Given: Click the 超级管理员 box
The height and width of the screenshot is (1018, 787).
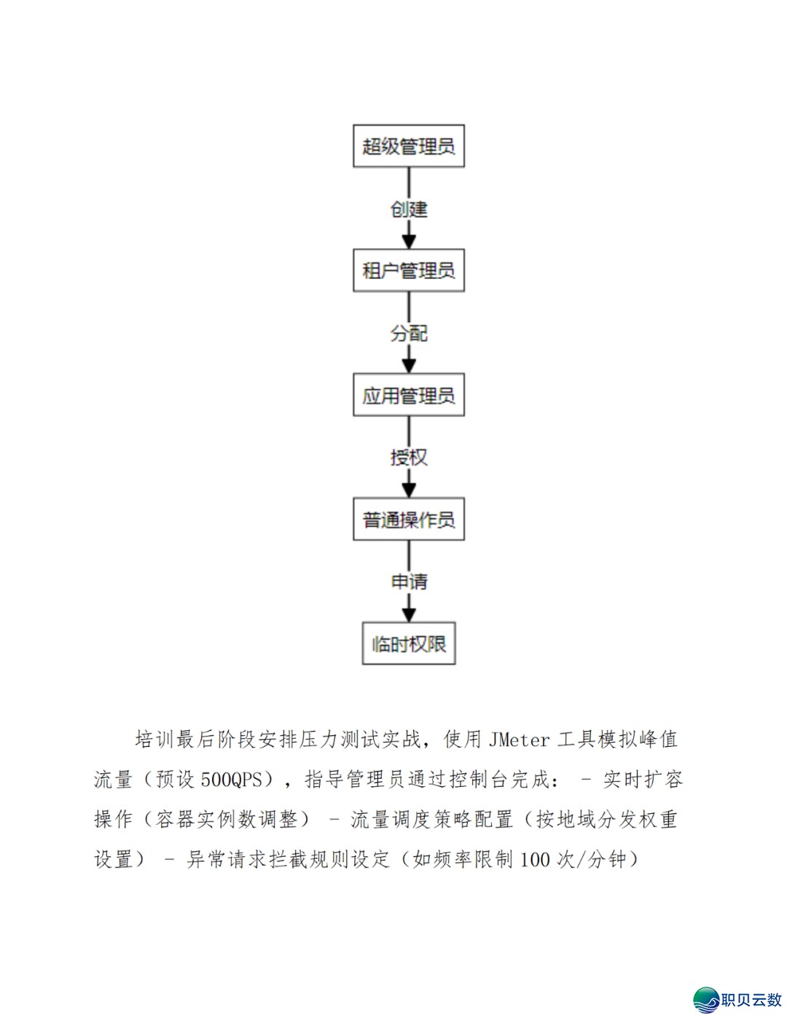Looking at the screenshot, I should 408,146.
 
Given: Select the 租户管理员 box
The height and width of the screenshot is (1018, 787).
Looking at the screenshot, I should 408,270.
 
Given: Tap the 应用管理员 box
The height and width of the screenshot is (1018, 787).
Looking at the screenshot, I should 408,395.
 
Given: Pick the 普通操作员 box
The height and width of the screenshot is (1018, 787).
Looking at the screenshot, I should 408,519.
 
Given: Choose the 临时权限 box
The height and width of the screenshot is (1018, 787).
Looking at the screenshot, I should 408,643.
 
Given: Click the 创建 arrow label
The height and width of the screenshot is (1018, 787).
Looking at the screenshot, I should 409,209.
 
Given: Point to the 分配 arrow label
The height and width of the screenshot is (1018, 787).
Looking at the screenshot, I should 409,334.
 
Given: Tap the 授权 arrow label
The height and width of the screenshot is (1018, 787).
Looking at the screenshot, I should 409,458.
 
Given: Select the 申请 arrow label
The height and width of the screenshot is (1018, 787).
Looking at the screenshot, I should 409,582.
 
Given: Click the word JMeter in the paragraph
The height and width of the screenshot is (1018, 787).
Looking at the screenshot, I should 519,740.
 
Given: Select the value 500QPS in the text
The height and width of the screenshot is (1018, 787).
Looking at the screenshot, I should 232,780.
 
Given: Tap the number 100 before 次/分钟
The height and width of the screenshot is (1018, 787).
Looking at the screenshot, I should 534,860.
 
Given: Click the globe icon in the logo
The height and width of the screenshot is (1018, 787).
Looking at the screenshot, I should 705,1000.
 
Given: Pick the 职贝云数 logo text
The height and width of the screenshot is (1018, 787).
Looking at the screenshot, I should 751,1000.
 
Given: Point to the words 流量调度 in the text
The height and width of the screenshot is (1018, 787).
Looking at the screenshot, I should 391,820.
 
